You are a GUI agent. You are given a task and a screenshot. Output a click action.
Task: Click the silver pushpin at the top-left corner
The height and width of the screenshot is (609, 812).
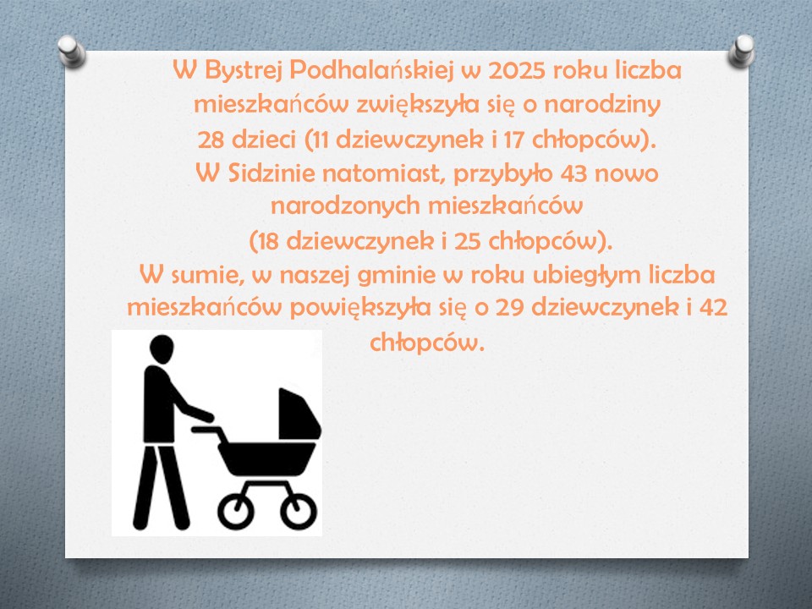pos(71,51)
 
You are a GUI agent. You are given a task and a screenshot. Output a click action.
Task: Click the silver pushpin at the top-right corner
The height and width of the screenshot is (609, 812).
pos(741,51)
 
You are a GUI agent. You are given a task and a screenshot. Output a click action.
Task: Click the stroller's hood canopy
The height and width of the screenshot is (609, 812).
pos(299,414)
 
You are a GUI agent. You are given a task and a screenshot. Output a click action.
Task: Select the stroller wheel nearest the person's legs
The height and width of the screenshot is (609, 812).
pos(236,511)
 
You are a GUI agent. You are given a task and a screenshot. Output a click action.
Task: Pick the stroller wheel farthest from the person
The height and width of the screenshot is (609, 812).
pos(299,511)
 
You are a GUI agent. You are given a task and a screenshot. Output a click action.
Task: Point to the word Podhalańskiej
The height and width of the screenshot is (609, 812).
pos(371,71)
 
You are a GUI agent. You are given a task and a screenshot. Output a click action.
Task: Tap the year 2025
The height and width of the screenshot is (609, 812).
pos(517,71)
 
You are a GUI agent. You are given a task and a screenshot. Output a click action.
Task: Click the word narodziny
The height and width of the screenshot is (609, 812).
pos(602,105)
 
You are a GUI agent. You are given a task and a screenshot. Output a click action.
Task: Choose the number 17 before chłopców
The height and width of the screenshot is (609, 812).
pos(515,140)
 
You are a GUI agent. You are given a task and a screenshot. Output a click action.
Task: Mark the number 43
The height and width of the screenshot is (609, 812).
pos(574,173)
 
